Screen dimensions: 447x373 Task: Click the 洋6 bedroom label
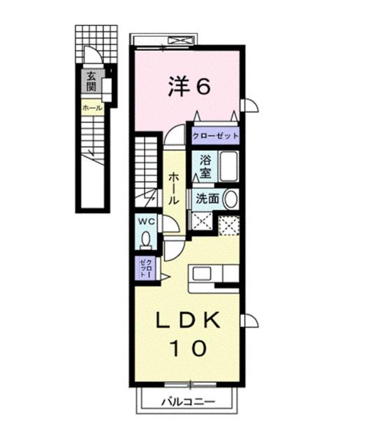(188, 86)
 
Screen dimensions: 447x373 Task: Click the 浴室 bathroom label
(205, 166)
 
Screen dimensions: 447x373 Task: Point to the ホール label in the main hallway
(171, 188)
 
